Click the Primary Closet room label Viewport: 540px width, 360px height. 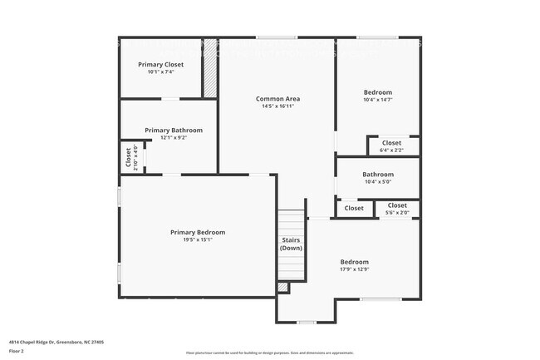(160, 64)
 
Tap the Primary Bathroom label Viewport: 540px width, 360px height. (173, 131)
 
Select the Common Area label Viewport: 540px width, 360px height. (277, 99)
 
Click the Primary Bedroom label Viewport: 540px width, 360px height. (198, 232)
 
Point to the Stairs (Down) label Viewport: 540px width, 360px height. (291, 244)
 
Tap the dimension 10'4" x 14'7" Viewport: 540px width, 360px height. (377, 100)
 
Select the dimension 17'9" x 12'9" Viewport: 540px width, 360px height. (354, 269)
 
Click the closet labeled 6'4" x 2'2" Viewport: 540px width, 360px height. (391, 146)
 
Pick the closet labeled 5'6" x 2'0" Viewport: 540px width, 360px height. (397, 209)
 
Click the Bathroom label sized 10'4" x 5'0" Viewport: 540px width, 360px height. (377, 175)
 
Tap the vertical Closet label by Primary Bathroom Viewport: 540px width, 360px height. (129, 158)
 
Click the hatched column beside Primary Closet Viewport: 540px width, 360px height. (211, 67)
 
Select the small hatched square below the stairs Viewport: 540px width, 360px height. (282, 288)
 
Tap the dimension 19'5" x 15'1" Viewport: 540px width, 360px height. (198, 240)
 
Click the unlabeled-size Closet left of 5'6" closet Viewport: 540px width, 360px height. (354, 208)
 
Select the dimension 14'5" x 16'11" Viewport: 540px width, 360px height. (277, 106)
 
